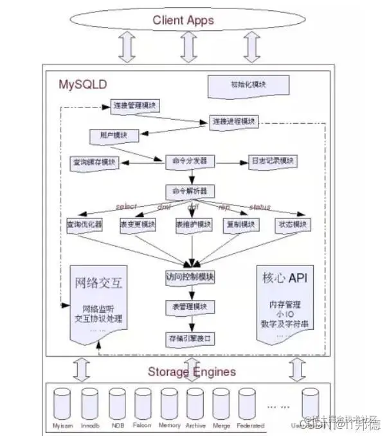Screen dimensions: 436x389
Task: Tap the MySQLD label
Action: pos(83,84)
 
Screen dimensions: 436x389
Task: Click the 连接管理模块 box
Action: pos(135,106)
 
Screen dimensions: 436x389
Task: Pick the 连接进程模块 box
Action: pos(233,121)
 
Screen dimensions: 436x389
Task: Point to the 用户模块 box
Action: pos(109,136)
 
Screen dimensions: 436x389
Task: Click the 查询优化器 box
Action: pos(84,225)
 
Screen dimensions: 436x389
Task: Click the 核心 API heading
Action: pos(287,279)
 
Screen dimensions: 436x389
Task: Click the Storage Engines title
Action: pos(192,372)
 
